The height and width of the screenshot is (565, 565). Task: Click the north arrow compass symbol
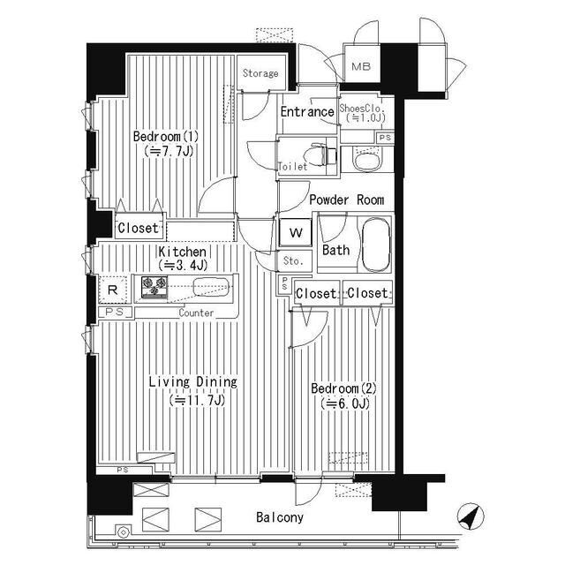tap(471, 516)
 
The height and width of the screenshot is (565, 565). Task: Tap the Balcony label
tap(280, 517)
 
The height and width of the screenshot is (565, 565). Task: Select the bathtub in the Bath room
tap(376, 244)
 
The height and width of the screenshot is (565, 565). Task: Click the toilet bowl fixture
tap(316, 155)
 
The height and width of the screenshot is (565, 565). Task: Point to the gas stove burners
tap(154, 287)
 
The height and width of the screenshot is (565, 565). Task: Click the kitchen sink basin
tap(211, 288)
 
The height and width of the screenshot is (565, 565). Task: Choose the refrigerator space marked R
tap(113, 290)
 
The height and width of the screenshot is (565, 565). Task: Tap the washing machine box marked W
tap(296, 233)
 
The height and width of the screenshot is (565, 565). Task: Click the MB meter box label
tap(361, 67)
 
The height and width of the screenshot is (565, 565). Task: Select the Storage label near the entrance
tap(260, 73)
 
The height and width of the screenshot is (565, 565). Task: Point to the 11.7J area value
tap(197, 400)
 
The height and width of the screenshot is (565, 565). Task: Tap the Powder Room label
tap(347, 200)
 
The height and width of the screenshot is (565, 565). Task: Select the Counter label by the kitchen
tap(196, 313)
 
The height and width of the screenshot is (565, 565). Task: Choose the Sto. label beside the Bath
tap(293, 260)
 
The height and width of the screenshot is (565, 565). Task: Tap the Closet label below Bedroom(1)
tap(138, 228)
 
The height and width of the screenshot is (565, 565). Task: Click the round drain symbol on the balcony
tap(124, 532)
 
